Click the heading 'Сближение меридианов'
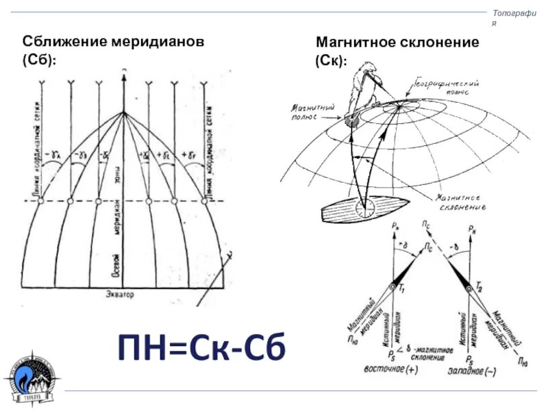click(x=114, y=42)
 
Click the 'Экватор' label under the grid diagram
click(x=121, y=295)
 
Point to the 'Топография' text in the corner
click(x=514, y=15)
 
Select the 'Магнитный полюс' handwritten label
click(x=312, y=112)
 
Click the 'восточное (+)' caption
click(x=389, y=369)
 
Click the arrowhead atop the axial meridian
click(x=123, y=77)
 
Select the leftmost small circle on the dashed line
click(x=40, y=201)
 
